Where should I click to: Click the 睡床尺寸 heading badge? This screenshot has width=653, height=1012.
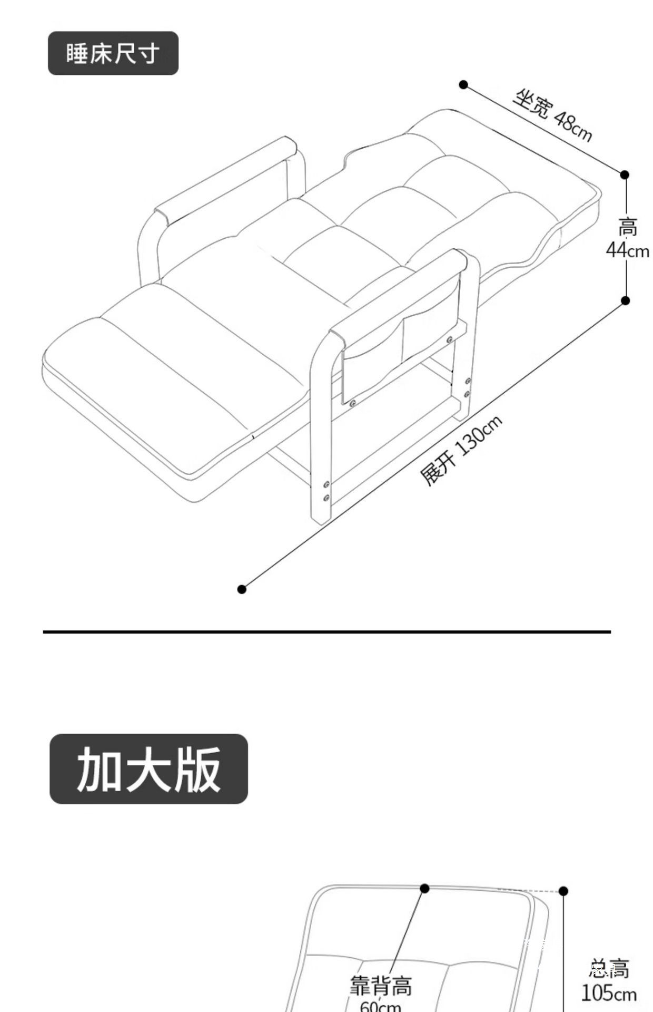click(x=113, y=53)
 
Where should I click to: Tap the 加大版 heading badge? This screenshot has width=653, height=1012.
click(x=149, y=769)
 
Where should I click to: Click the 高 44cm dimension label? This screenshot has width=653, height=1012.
click(x=627, y=238)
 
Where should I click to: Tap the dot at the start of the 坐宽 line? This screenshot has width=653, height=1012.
click(x=463, y=85)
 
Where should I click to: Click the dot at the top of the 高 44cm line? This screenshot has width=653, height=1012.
click(x=625, y=174)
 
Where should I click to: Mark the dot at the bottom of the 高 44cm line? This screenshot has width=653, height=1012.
click(x=626, y=300)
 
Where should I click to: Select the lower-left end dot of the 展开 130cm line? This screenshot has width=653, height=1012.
click(x=242, y=589)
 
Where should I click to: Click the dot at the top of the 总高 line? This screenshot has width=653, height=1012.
click(x=563, y=891)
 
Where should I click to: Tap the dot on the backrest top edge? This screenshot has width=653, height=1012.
click(x=424, y=889)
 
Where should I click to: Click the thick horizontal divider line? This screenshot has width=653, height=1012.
click(x=326, y=631)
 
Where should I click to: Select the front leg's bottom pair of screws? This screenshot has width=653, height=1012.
click(x=326, y=491)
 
